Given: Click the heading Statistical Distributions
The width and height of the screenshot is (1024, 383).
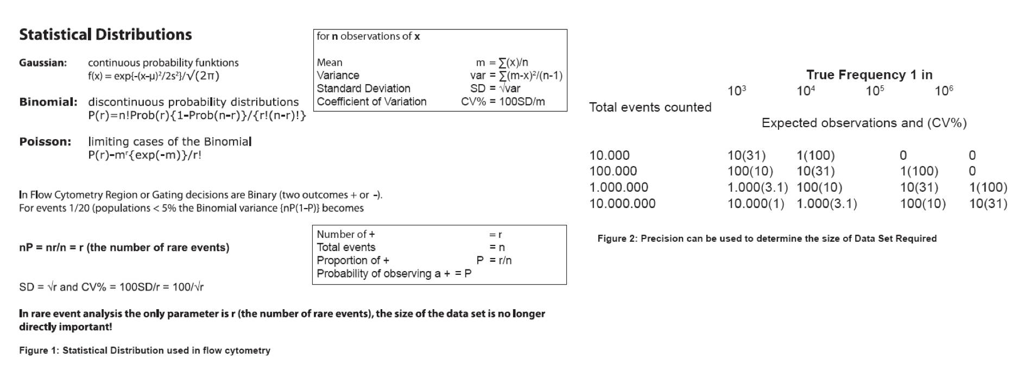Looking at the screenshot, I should [x=105, y=35].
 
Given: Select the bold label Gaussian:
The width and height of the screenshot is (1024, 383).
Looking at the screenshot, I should [x=43, y=63].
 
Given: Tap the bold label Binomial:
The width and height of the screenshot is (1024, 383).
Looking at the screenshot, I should [x=48, y=102].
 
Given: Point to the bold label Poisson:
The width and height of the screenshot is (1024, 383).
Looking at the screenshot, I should [x=45, y=142].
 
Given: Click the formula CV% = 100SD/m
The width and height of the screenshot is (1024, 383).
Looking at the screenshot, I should [x=503, y=102].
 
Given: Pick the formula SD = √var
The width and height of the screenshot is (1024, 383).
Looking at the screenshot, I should [x=495, y=89].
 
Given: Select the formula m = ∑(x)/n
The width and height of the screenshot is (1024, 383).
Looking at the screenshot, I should [x=502, y=62].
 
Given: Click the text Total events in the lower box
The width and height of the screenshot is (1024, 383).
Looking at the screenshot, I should [x=346, y=248].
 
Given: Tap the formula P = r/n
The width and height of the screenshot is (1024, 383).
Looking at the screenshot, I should [x=494, y=261].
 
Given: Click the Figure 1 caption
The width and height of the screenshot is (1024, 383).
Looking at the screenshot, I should [x=144, y=351].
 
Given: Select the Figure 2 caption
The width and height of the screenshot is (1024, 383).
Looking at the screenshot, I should [x=767, y=238].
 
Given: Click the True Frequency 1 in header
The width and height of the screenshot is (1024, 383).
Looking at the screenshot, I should [x=869, y=75].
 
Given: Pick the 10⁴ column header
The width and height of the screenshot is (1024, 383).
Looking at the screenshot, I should [x=806, y=91].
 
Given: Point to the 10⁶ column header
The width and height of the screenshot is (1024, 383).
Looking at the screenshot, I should [x=944, y=91].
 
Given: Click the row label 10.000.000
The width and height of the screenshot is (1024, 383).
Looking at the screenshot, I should [x=622, y=204].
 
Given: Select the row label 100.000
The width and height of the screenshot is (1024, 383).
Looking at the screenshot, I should [x=613, y=171].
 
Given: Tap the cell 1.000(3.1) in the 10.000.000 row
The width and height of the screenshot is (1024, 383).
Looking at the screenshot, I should [x=826, y=204].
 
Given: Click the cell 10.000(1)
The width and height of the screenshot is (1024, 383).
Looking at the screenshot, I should [x=756, y=204].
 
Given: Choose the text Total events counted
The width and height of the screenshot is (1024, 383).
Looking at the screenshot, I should [x=650, y=108].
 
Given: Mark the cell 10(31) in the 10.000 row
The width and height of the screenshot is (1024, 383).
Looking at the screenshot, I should [x=747, y=155].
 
